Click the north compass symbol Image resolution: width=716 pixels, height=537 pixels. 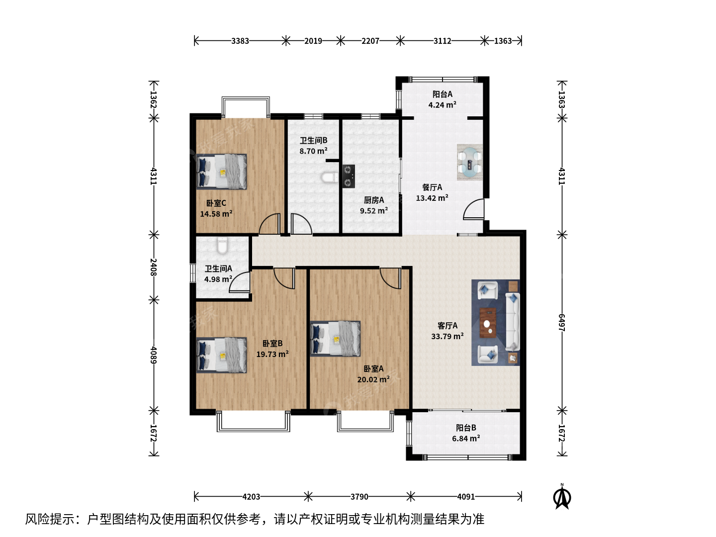coord(562,497)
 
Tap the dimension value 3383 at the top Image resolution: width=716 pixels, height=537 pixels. coord(240,41)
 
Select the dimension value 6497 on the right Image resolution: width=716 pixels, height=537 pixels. coord(561,322)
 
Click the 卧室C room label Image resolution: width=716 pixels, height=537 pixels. coord(216,203)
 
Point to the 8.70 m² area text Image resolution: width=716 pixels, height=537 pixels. coord(313,151)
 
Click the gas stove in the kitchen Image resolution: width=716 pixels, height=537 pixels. coord(349,176)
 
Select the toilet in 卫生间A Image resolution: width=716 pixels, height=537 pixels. coord(222,245)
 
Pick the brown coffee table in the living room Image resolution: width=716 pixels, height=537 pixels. coord(488,323)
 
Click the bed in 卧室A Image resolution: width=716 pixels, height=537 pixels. coord(335,339)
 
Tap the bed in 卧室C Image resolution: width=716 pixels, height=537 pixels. coord(221,172)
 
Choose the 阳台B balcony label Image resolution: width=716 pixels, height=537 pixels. coord(466,428)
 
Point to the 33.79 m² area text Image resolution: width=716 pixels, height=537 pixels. coord(447,336)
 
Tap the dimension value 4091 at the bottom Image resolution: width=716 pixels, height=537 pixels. coord(466,497)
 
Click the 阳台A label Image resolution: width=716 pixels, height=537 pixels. coord(443,94)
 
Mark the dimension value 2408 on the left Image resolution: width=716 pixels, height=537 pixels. coord(154,267)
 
